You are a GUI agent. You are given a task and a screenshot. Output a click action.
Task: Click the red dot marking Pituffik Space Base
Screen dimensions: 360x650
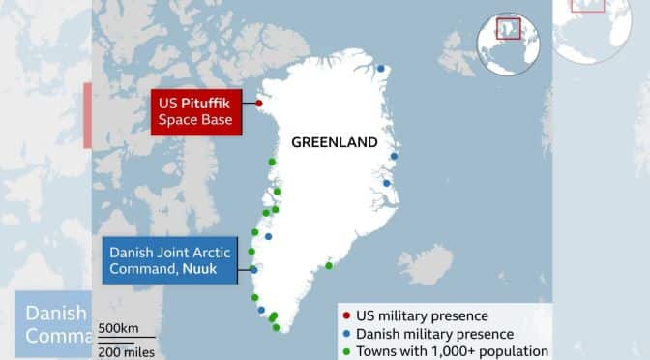(259, 103)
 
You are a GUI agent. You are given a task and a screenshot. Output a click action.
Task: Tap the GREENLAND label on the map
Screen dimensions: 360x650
(334, 142)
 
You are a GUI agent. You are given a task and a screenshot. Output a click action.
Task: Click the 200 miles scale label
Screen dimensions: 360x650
(126, 352)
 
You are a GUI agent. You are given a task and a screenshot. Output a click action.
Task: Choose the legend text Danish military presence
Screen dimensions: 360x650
(434, 334)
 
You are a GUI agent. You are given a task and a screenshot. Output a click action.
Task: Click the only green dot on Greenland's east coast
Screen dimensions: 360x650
(329, 266)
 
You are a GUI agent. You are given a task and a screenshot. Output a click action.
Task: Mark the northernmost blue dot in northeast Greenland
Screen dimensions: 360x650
(381, 69)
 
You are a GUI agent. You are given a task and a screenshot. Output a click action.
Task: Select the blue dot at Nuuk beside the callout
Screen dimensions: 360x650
(253, 269)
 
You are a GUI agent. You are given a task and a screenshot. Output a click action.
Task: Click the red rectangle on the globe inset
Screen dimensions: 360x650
(507, 29)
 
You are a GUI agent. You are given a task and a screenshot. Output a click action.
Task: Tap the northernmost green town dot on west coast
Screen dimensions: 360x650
(272, 162)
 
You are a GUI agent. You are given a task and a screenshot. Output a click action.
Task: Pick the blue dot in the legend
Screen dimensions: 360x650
(346, 334)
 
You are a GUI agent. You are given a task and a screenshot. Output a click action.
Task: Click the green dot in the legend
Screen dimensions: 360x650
(346, 351)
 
